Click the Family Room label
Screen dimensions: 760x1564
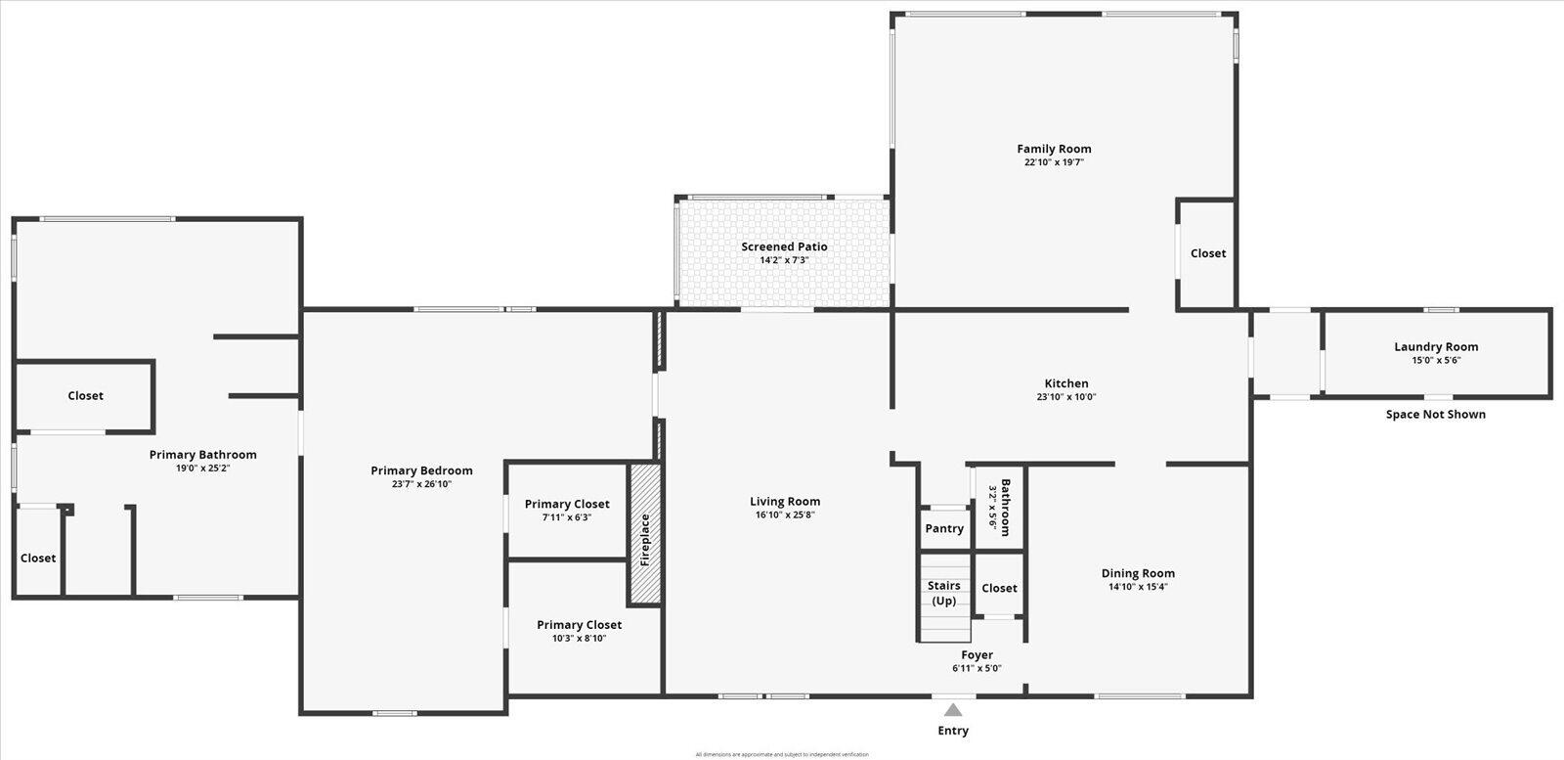[1054, 150]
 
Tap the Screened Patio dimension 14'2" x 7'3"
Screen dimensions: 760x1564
[784, 260]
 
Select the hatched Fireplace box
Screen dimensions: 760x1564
[645, 534]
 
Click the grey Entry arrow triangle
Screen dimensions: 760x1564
[953, 710]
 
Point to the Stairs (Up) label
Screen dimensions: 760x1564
[944, 593]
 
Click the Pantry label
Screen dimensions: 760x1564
[944, 529]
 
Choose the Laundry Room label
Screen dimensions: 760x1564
[1436, 347]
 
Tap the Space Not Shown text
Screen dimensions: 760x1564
[1435, 415]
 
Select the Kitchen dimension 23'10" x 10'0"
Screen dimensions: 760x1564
[1066, 397]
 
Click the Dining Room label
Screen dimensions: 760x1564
[1138, 574]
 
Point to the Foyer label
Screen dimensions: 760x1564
[977, 655]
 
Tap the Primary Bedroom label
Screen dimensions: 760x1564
[421, 471]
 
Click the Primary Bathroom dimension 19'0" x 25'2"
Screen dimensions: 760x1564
[202, 469]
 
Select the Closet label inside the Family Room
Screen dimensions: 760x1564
[1207, 253]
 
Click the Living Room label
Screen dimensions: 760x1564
[785, 502]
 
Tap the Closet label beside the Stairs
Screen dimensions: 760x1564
[999, 589]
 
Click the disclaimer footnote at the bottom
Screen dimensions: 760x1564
[782, 754]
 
